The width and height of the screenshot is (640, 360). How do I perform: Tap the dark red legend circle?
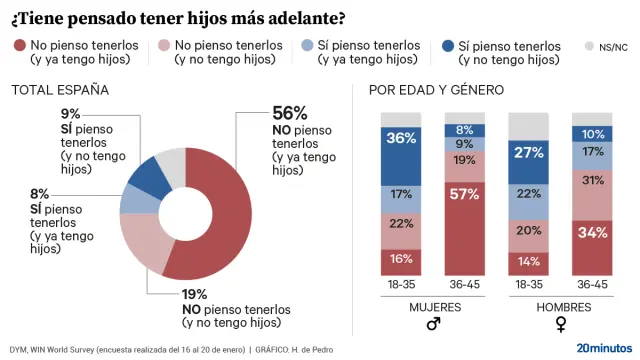[18, 46]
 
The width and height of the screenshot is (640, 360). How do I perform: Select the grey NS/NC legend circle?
[589, 46]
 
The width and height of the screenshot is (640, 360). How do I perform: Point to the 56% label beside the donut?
[290, 113]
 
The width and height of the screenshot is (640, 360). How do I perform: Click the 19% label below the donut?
[194, 294]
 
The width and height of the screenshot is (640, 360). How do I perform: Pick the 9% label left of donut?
[70, 114]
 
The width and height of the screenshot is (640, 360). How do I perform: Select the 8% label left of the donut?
[39, 193]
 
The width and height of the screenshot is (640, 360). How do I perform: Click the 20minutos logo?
[603, 348]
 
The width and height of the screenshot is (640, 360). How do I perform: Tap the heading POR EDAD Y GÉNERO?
[437, 90]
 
